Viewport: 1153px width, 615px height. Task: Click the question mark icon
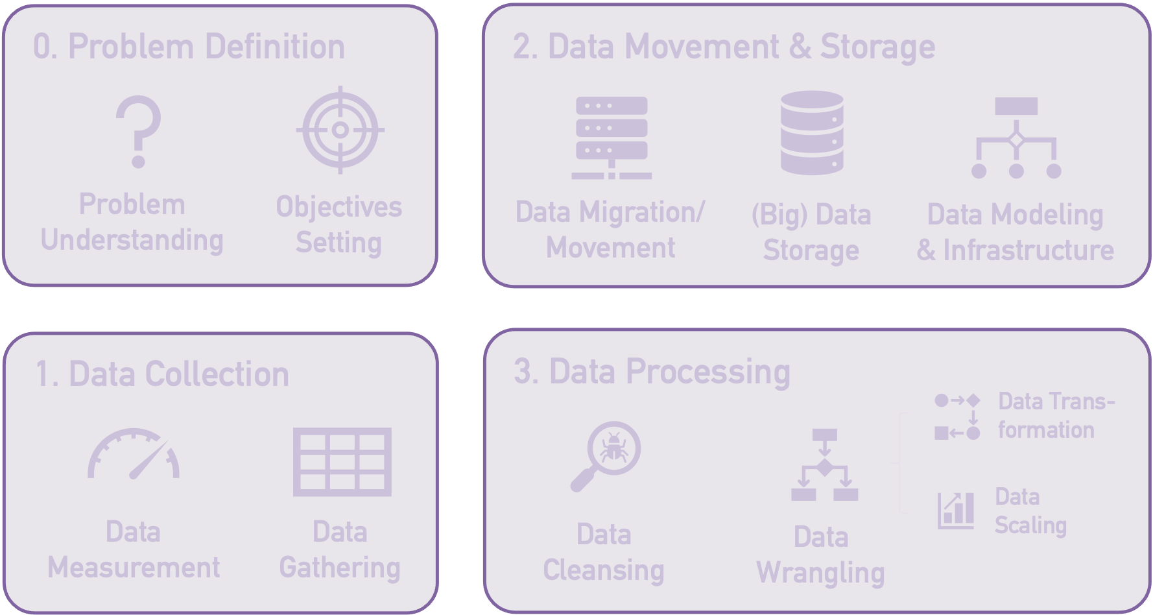[137, 132]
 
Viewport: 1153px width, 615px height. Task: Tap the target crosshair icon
[340, 130]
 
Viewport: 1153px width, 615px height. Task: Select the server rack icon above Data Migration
[611, 138]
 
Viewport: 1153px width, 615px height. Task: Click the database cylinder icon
[811, 133]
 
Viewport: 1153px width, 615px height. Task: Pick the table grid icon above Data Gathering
[342, 462]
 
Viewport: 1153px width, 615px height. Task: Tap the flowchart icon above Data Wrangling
[824, 464]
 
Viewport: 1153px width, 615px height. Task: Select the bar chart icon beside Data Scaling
[956, 511]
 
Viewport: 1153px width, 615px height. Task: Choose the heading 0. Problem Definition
[189, 47]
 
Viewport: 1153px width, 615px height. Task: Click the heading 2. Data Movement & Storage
[724, 47]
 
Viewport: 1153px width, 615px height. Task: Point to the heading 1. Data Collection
[162, 374]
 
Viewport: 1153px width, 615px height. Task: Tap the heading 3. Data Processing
[652, 372]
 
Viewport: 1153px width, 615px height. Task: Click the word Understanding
[132, 240]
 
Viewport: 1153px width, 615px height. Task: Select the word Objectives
[339, 208]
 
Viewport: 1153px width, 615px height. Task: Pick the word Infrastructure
[1028, 250]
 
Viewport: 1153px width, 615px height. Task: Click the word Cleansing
[604, 570]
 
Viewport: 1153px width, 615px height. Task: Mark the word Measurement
[134, 568]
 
